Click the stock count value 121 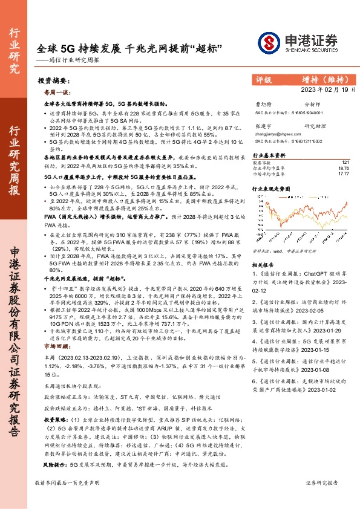pos(345,162)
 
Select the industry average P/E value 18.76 pos(344,167)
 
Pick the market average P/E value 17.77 pos(344,173)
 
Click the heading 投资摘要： pos(51,80)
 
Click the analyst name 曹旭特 pos(264,105)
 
